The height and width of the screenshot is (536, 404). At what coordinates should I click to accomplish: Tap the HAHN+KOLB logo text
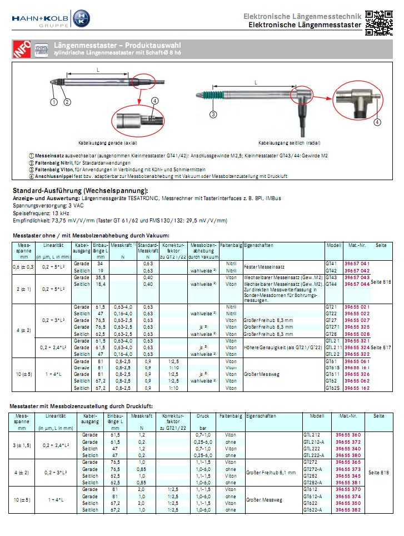(38, 18)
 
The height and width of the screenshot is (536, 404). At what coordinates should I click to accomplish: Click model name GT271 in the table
(332, 327)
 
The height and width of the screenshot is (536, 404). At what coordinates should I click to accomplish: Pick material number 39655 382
(348, 509)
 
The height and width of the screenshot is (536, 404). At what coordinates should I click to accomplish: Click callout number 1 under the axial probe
(54, 102)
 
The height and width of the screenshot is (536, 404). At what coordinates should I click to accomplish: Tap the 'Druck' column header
(203, 415)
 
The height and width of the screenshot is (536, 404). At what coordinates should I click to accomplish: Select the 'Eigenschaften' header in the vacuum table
(259, 245)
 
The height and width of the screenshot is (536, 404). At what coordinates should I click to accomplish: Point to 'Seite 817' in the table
(381, 347)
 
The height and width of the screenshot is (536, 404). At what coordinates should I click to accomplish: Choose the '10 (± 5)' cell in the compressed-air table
(23, 499)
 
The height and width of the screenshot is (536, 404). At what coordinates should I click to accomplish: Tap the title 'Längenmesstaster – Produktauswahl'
(117, 45)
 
